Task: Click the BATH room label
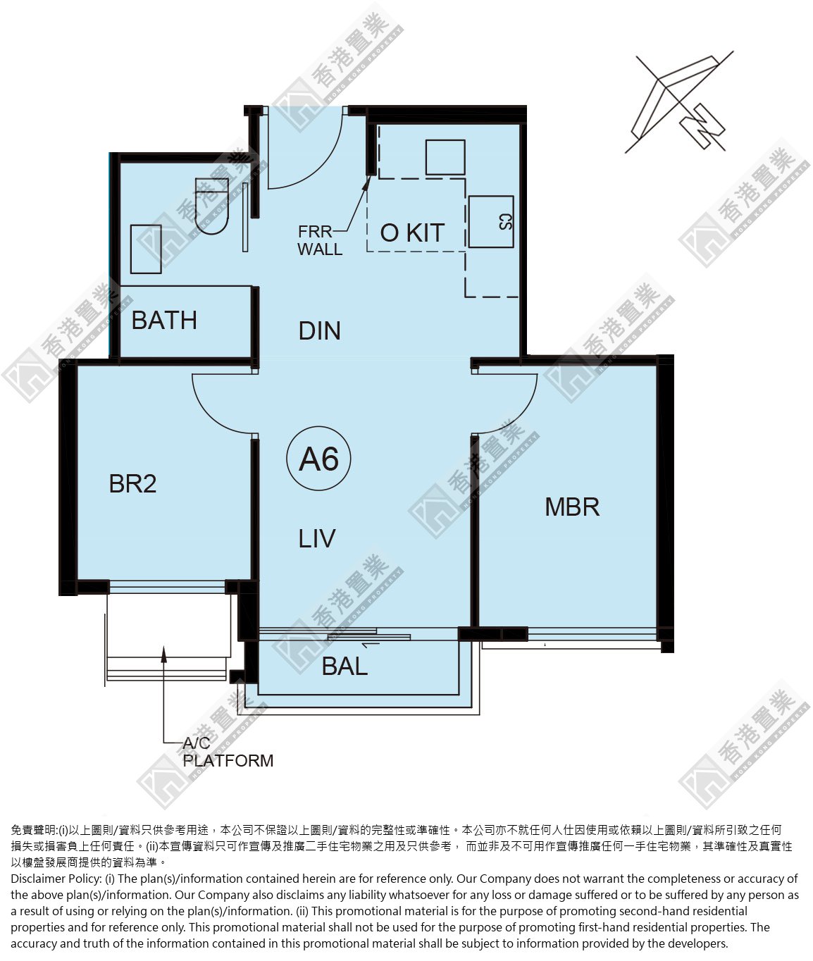(x=164, y=320)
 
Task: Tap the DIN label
(x=319, y=331)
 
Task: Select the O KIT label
(x=412, y=232)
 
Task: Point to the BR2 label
(x=132, y=483)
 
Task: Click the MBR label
(x=572, y=507)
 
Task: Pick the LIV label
(x=316, y=539)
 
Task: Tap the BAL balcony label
(x=345, y=666)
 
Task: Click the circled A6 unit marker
(x=318, y=459)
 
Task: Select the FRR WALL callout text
(x=320, y=240)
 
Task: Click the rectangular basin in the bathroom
(x=146, y=249)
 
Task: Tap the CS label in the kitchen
(x=506, y=222)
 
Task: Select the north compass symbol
(x=678, y=102)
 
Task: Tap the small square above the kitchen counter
(x=445, y=157)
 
